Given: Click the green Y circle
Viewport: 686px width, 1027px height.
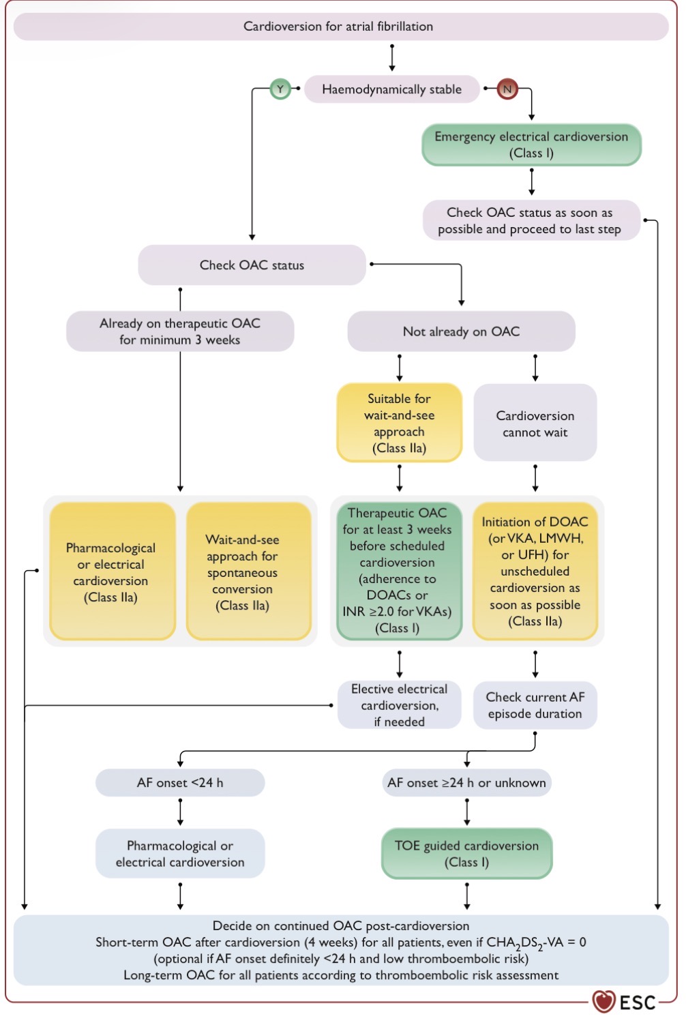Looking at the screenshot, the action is (280, 89).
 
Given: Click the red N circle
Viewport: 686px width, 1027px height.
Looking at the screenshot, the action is (507, 89).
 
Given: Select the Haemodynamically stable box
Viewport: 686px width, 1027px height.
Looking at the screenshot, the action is (391, 89).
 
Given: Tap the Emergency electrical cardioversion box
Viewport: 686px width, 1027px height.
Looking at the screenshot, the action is (531, 145).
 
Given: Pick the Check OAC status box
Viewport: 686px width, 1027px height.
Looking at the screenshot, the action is (252, 265).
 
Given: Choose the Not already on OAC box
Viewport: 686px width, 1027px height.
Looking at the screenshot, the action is (461, 331).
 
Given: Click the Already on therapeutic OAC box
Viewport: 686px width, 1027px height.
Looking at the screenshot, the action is (180, 331).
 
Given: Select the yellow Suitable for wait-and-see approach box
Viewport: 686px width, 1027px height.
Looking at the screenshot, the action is (400, 423).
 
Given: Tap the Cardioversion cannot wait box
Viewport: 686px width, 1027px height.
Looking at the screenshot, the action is (535, 423).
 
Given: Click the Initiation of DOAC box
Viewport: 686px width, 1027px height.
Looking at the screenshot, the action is (535, 571).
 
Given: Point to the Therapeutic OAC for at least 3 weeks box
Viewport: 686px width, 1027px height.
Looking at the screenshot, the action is (400, 571).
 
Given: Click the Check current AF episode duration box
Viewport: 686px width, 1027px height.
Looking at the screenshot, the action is (535, 705).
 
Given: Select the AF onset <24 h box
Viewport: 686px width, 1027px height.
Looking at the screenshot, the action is (180, 783).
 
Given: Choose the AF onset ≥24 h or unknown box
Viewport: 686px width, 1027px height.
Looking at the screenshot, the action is (467, 783).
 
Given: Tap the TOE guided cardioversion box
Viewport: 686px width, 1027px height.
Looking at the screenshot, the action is (467, 854).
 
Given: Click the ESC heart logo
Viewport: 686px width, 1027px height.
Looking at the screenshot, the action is (603, 1001).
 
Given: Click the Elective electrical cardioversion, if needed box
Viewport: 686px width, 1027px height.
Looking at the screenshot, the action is (400, 705).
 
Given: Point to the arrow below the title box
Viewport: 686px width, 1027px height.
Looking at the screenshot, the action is (391, 58).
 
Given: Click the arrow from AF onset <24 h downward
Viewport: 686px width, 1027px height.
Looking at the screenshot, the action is (180, 812).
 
